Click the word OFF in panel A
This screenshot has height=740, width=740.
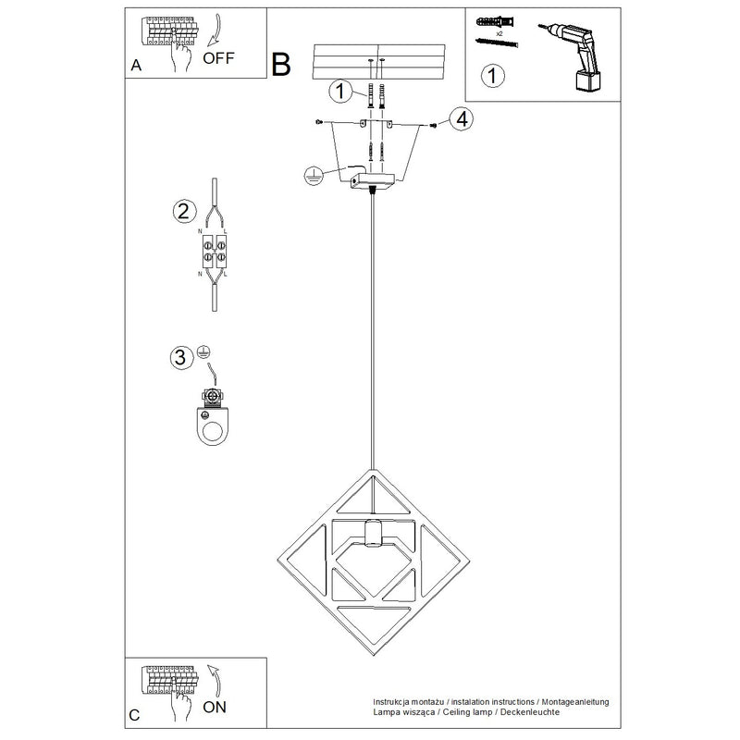(219, 57)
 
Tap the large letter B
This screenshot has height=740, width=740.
(281, 64)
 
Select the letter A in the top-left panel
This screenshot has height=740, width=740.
(137, 66)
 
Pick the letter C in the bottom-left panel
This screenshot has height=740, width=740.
(136, 714)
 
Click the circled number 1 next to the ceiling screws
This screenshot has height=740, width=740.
(340, 91)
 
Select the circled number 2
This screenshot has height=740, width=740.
(184, 211)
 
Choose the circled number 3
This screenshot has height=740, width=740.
(182, 356)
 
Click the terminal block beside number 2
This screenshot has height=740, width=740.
(215, 250)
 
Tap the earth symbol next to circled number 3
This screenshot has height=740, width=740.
(204, 351)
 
